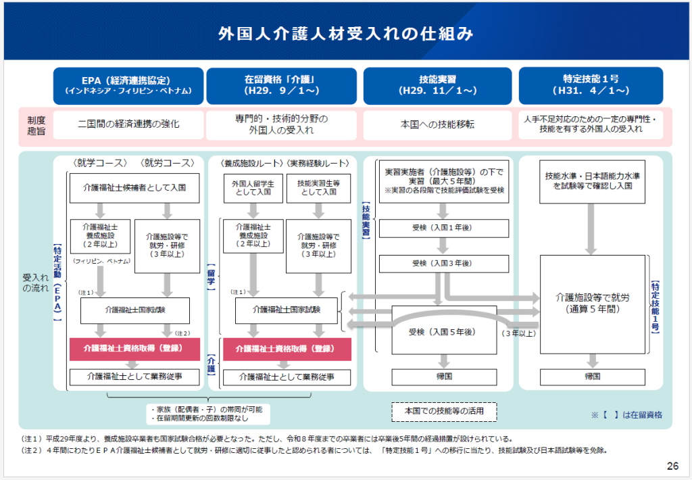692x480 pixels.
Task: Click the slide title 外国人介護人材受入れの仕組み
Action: click(345, 34)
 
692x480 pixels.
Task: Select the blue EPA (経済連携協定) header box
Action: click(128, 86)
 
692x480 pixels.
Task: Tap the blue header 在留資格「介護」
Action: click(282, 86)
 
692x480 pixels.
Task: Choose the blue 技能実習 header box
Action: click(437, 86)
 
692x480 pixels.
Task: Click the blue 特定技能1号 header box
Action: click(591, 86)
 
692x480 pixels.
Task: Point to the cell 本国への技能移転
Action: click(437, 125)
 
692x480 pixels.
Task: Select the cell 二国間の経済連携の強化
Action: click(128, 125)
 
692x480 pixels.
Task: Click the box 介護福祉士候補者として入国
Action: click(134, 188)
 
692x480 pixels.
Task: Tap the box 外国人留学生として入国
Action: click(253, 189)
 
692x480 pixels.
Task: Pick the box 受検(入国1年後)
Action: click(444, 229)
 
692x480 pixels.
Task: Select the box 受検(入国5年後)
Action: click(444, 331)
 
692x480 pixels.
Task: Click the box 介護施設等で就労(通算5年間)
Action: click(593, 304)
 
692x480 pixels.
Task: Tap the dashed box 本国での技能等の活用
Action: click(444, 412)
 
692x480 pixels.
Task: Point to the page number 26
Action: click(672, 466)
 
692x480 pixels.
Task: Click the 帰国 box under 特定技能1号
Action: click(593, 377)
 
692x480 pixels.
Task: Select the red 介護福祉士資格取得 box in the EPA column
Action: click(134, 349)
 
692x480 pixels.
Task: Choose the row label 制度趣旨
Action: click(36, 126)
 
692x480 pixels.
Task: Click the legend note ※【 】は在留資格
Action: click(626, 415)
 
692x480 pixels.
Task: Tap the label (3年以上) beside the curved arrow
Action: click(519, 334)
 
